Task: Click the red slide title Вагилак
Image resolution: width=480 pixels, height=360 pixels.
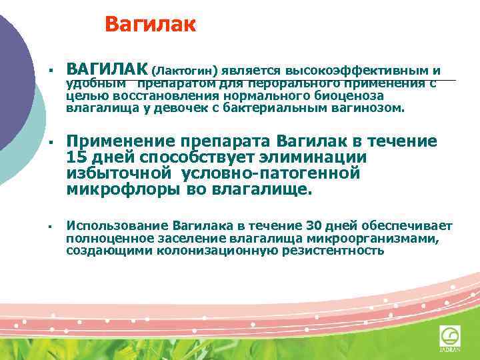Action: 151,25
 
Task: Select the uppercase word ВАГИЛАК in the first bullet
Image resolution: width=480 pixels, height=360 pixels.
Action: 107,69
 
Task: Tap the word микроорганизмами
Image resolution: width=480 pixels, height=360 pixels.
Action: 367,238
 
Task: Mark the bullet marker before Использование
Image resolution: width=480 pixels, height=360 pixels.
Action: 50,227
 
